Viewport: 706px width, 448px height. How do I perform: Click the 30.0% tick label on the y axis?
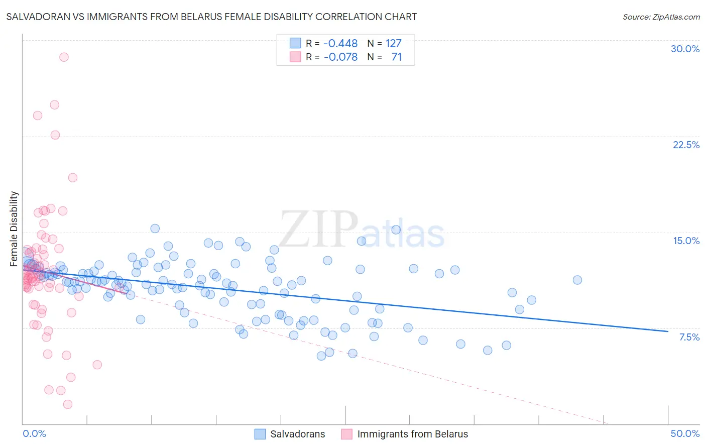point(685,49)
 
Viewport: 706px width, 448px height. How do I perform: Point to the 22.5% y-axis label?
point(686,145)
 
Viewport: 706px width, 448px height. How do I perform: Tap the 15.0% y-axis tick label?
point(686,241)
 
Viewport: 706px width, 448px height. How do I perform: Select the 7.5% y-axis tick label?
point(689,337)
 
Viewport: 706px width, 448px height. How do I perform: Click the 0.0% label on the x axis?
point(34,433)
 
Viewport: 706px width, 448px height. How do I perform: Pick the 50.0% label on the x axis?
point(685,433)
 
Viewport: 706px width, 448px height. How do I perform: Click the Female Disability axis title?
point(14,229)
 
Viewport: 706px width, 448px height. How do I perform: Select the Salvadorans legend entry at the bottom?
point(297,434)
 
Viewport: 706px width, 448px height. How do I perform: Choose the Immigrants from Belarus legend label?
point(412,434)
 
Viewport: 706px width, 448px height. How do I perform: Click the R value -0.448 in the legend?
point(340,43)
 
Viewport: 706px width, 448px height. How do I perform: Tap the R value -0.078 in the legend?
point(340,57)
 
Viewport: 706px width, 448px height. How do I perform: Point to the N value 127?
point(394,43)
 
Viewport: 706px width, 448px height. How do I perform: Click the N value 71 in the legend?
point(397,57)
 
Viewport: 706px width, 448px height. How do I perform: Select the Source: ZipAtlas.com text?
point(661,17)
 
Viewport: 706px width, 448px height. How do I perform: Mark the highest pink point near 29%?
point(64,57)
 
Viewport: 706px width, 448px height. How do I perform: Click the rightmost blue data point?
point(577,280)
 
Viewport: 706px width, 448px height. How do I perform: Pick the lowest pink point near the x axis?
point(68,404)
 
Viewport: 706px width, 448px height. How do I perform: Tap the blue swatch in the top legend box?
point(295,43)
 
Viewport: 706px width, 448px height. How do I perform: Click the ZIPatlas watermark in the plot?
point(362,230)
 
